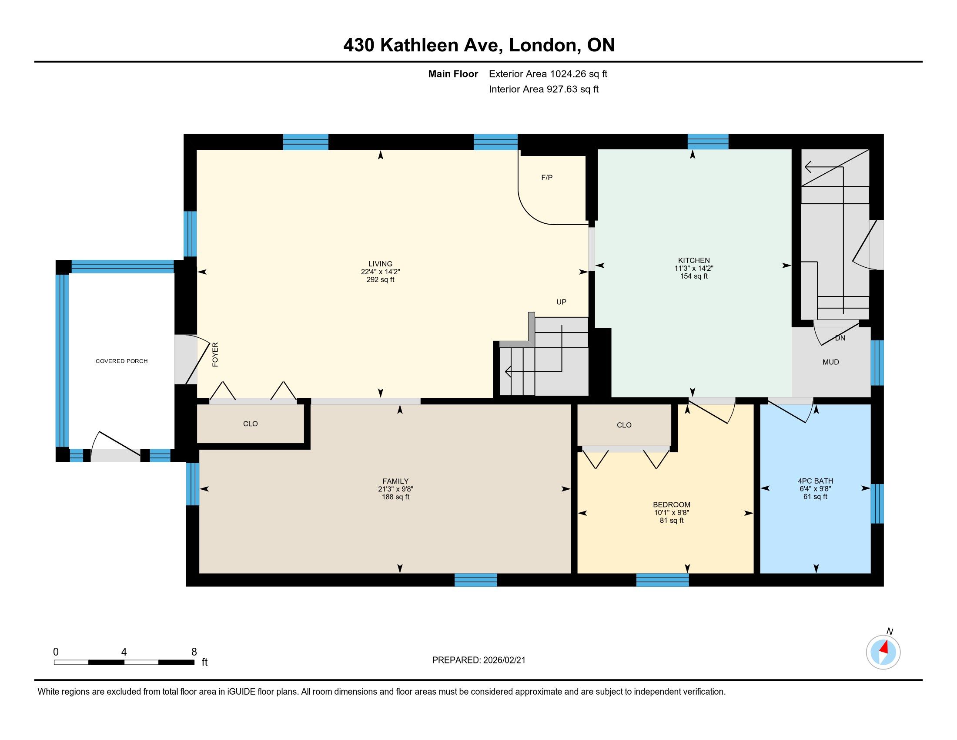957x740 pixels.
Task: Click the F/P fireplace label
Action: tap(547, 178)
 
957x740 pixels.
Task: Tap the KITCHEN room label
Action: tap(694, 260)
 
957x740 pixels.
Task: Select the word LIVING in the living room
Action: tap(380, 264)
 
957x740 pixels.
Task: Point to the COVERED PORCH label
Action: tap(121, 361)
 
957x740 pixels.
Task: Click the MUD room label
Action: tap(831, 362)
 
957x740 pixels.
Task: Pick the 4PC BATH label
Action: tap(816, 481)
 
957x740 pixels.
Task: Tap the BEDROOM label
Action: tap(672, 505)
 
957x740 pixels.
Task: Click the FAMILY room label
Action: tap(395, 481)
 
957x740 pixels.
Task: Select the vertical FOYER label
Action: tap(215, 354)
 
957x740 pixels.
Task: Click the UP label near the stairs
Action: tap(561, 302)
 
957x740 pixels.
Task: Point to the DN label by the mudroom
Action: tap(840, 338)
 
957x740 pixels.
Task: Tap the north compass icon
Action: tap(883, 653)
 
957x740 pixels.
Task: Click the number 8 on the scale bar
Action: tap(194, 652)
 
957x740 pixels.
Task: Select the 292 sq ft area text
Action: tap(380, 280)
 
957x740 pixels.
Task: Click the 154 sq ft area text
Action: tap(694, 276)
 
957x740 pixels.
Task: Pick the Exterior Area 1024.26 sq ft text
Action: tap(548, 74)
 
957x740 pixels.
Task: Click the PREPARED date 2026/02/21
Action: tap(503, 660)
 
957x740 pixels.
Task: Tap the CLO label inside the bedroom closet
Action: tap(624, 425)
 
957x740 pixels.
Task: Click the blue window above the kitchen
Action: tap(708, 141)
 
